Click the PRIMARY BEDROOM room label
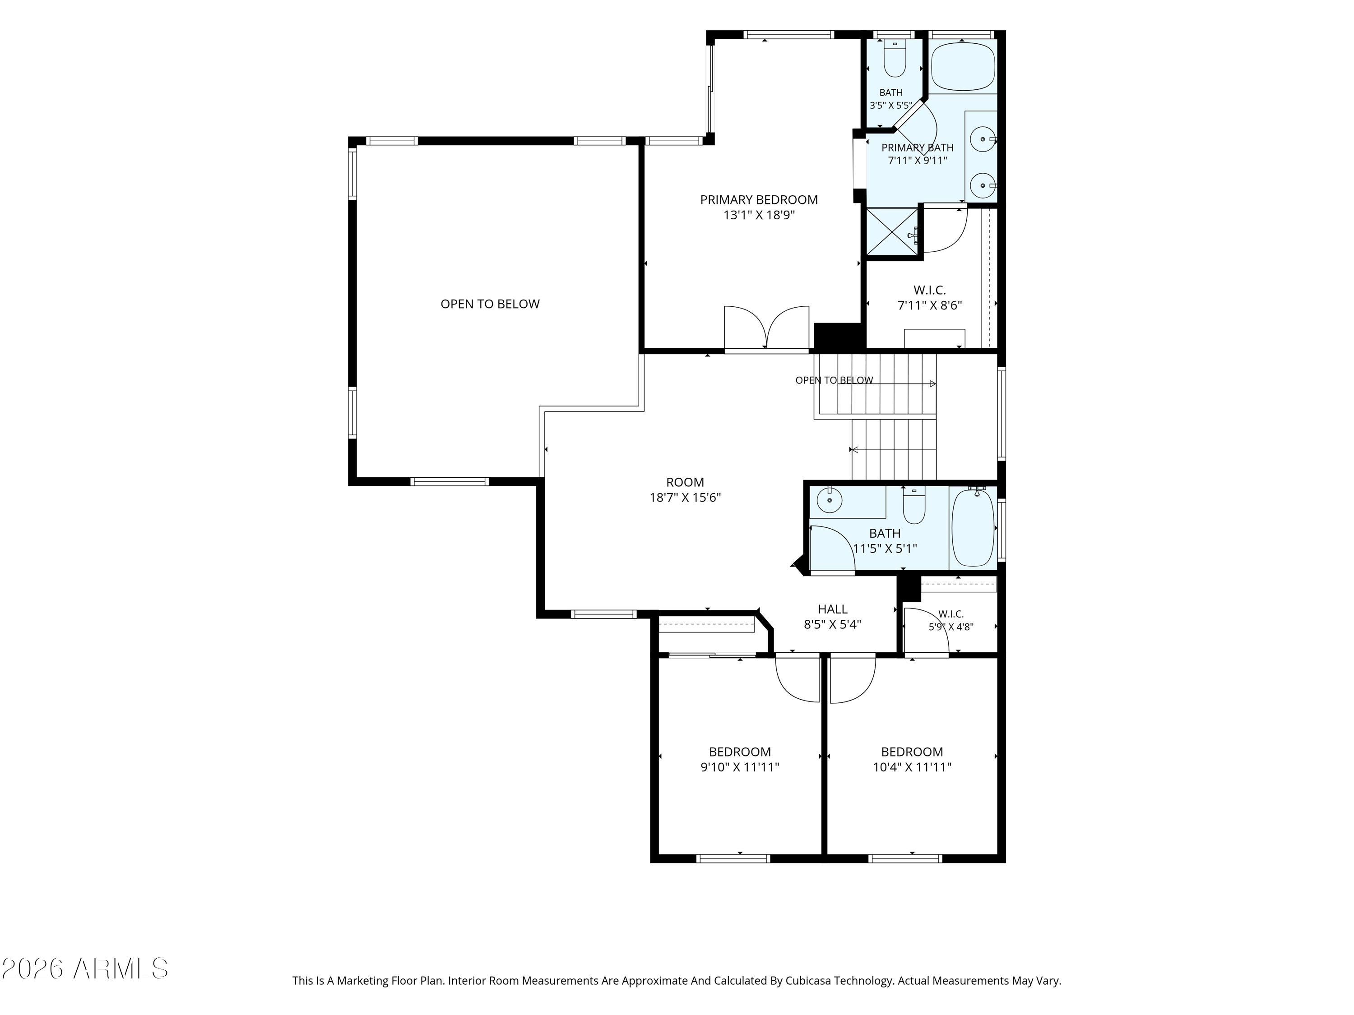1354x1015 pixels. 759,199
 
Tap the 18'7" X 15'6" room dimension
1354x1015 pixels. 685,498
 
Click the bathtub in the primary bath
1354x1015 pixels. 963,67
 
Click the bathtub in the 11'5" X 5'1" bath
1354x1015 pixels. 973,527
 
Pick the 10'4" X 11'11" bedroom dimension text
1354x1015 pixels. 912,766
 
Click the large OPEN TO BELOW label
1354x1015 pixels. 490,304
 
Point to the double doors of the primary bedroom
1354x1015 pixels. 767,328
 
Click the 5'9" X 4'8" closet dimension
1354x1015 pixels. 951,627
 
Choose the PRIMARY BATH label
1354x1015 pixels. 918,148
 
